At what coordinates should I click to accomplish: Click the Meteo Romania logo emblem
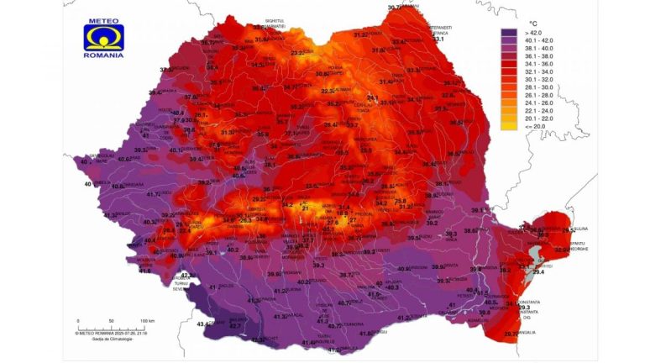(103, 37)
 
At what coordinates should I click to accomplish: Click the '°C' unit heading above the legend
(532, 24)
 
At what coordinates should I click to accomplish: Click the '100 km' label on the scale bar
(147, 321)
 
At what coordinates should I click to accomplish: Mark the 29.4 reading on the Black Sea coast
(537, 271)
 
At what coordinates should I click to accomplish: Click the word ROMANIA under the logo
(103, 55)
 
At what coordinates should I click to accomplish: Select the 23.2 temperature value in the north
(298, 53)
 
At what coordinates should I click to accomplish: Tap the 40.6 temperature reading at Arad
(123, 159)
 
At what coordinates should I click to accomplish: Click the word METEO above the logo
(103, 19)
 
